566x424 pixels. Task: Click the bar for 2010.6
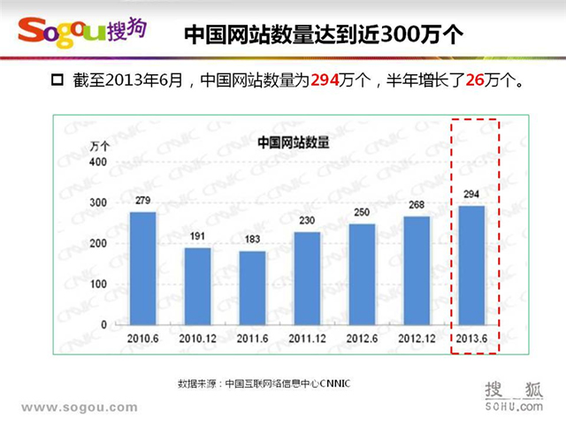[142, 268]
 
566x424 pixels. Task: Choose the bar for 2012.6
[362, 274]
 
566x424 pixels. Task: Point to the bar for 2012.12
[417, 270]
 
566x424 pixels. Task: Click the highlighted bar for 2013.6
[471, 265]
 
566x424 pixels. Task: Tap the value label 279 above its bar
[142, 201]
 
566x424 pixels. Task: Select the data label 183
[252, 239]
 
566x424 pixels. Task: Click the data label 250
[362, 212]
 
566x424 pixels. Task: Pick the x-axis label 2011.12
[307, 338]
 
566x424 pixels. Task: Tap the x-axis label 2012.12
[417, 338]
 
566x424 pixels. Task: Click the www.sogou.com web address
[79, 407]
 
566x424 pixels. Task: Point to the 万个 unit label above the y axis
[99, 146]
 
